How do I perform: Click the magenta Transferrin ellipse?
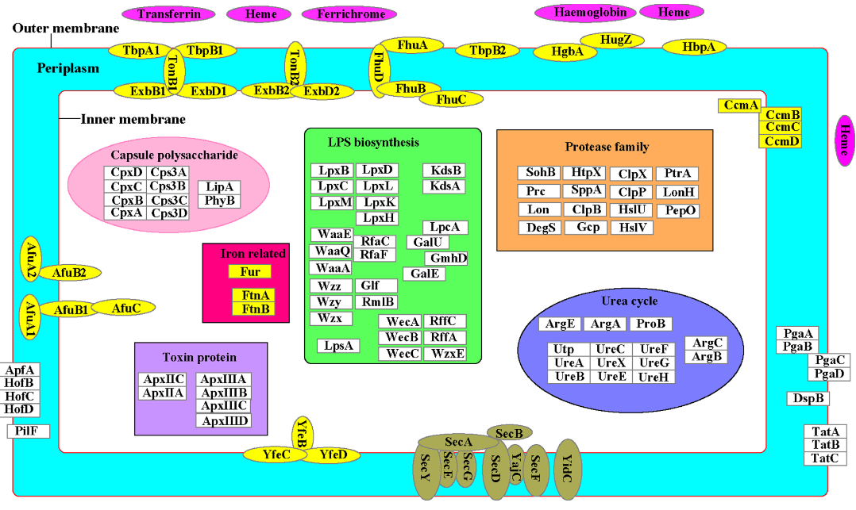169,13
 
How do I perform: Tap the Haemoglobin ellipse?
584,12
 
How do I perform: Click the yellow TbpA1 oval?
141,50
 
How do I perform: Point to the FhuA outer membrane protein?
412,45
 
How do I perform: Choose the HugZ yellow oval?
611,39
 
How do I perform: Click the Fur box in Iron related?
250,271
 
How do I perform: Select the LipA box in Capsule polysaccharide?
219,186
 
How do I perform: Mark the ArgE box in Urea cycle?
559,324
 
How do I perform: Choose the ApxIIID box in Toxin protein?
224,421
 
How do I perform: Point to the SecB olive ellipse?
509,433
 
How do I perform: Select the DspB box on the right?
808,398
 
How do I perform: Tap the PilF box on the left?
28,431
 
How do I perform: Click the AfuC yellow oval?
124,307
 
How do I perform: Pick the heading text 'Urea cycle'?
630,301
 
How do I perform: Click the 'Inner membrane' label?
133,119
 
